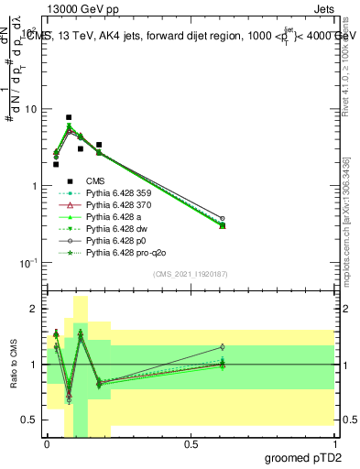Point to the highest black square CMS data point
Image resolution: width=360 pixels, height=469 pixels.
pyautogui.click(x=69, y=117)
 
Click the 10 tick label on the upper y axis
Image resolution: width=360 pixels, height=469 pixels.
pyautogui.click(x=31, y=109)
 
